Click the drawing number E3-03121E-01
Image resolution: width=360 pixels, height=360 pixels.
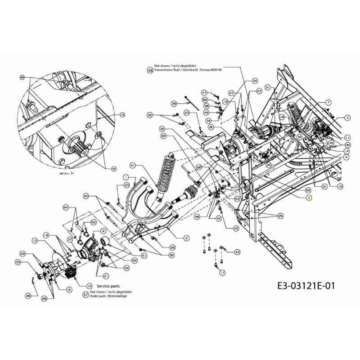tap(304, 285)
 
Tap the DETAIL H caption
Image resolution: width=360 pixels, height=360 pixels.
tap(66, 173)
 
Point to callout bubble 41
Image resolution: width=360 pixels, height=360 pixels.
tap(132, 165)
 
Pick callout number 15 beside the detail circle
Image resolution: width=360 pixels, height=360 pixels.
tap(122, 115)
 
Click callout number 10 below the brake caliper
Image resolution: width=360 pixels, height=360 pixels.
tap(89, 286)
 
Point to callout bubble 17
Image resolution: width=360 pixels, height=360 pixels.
tap(222, 272)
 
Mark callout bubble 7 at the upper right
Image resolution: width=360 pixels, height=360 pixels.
tap(328, 103)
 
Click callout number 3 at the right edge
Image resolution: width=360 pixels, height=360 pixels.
tap(347, 117)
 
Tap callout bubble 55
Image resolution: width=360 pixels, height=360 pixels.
tap(295, 190)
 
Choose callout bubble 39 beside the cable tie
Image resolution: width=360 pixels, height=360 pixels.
tap(174, 103)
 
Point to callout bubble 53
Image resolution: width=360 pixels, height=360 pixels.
tap(238, 198)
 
